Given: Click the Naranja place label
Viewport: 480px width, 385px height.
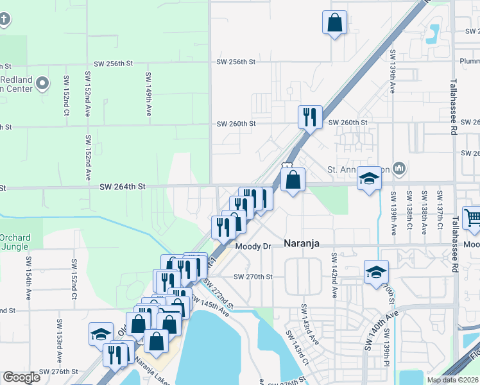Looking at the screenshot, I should tap(302, 244).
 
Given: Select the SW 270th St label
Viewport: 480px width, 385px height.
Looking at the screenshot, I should tap(253, 277).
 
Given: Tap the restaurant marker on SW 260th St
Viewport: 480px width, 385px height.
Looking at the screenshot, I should tap(310, 117).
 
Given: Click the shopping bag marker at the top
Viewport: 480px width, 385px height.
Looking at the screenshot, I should tap(335, 23).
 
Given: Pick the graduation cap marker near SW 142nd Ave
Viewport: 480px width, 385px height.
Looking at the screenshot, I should tap(376, 271).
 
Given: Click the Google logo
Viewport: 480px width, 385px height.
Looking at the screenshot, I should tap(21, 377).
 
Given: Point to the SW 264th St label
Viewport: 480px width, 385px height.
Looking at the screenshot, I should tap(123, 186).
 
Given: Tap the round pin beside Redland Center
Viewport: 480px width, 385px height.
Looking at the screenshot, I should tap(43, 83).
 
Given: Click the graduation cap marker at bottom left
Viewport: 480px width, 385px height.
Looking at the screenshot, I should tap(101, 334).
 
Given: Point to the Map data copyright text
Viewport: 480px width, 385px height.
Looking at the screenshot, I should tap(452, 380).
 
